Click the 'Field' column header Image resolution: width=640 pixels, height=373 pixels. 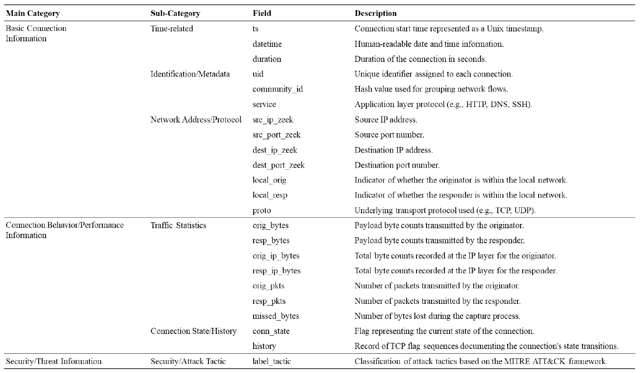[262, 13]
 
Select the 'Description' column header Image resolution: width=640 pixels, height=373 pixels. [375, 13]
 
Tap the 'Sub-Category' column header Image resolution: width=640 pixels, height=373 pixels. [175, 13]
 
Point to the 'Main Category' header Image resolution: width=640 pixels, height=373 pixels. [33, 13]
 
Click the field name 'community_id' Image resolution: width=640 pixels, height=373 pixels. [278, 89]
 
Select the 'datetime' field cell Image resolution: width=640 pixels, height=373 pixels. [267, 44]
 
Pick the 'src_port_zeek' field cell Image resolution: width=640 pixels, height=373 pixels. [276, 135]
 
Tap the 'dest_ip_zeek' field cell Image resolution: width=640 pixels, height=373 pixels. [275, 150]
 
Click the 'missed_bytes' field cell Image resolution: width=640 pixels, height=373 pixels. [276, 316]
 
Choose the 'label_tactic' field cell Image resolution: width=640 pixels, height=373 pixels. [272, 361]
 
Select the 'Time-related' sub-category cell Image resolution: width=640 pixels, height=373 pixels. [171, 29]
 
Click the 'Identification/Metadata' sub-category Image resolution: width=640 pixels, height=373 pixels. [190, 74]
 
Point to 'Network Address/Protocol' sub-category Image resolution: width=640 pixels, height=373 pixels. [196, 119]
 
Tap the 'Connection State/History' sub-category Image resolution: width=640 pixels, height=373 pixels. [193, 331]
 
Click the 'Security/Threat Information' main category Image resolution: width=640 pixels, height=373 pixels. [54, 361]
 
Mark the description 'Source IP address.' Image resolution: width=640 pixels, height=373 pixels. [386, 120]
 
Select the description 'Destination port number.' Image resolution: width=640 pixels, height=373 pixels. [397, 165]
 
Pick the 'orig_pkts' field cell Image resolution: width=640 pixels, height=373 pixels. [268, 286]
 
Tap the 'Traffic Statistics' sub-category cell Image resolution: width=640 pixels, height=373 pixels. [178, 226]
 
